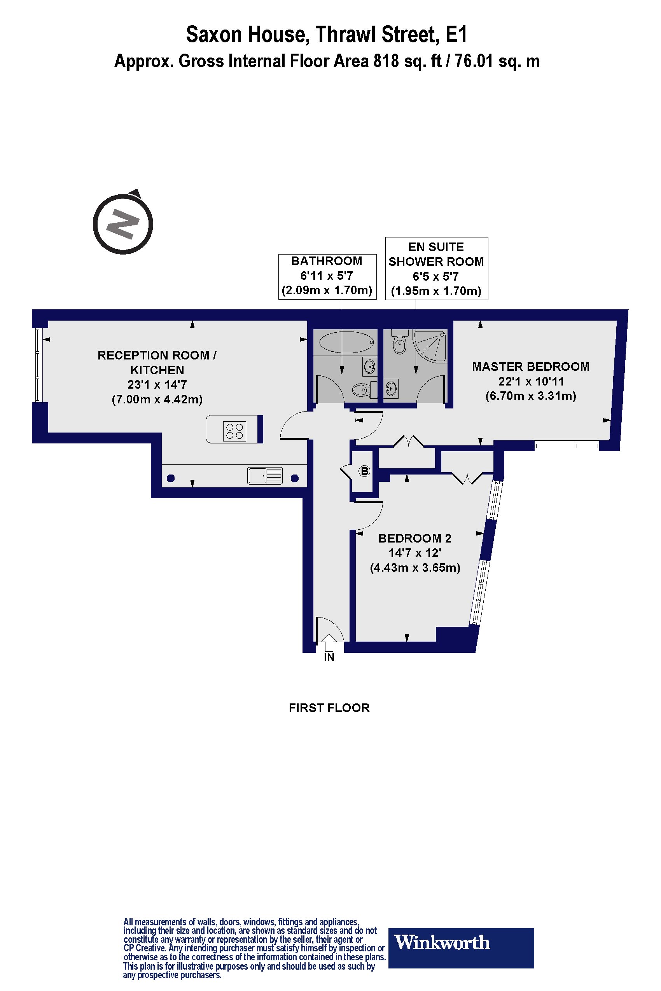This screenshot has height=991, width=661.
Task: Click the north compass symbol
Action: [x=123, y=223]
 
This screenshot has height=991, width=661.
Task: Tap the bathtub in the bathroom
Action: [x=346, y=342]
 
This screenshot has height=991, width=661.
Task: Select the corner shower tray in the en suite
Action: [x=430, y=345]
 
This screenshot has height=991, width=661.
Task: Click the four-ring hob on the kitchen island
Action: [x=235, y=430]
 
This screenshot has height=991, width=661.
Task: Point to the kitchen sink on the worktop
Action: [x=265, y=476]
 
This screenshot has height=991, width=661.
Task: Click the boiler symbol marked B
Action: [x=364, y=471]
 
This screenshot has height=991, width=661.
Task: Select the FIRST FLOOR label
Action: [x=329, y=708]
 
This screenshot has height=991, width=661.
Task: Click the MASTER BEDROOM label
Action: [x=531, y=366]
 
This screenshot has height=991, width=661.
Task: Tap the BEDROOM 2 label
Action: [x=415, y=538]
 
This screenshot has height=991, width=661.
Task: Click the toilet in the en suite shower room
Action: [x=400, y=342]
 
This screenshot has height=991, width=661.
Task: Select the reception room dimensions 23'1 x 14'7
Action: [x=157, y=385]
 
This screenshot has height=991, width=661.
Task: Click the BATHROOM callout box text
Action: [x=327, y=276]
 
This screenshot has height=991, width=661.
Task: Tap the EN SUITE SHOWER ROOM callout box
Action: [x=437, y=269]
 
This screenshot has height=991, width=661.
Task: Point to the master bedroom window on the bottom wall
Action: [x=567, y=446]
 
